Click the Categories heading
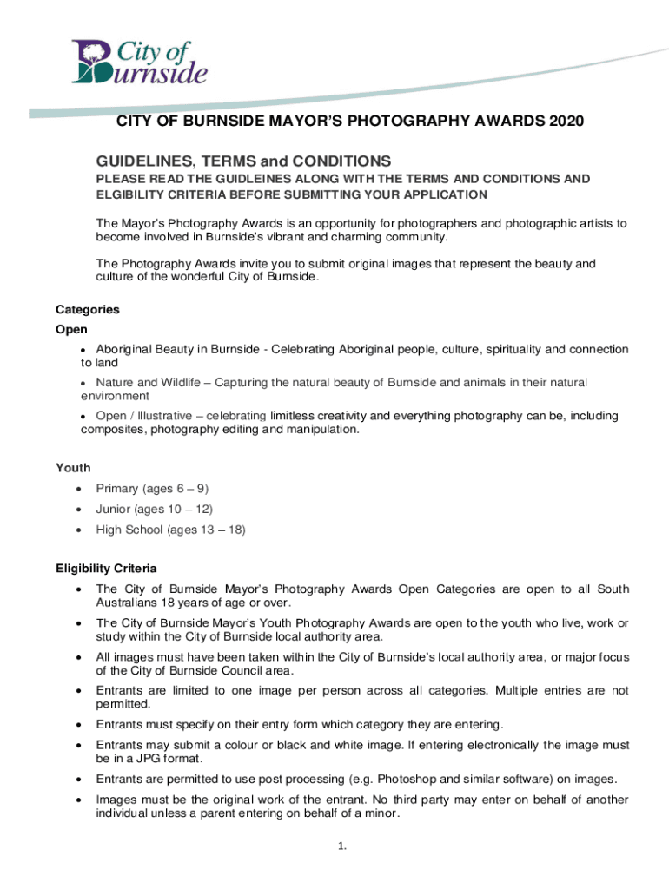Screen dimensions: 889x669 87,309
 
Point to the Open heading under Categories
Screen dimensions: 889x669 71,330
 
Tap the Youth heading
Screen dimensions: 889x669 73,468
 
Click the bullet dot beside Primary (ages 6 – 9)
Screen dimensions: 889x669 80,489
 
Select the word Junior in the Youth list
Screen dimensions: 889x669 114,509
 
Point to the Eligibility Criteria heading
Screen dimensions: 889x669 106,569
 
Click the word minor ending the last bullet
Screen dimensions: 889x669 381,813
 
